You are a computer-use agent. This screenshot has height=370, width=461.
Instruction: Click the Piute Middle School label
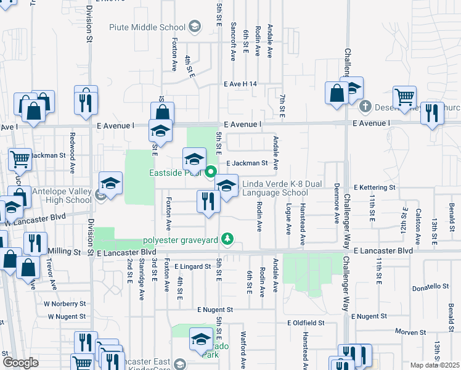pos(147,27)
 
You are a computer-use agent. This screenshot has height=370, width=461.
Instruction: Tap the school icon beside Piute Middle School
pos(195,26)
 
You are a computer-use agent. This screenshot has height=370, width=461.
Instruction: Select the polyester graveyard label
pos(182,239)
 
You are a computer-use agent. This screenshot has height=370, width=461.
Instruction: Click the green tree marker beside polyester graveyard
pos(228,239)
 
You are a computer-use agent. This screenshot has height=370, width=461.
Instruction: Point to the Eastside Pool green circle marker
pos(210,172)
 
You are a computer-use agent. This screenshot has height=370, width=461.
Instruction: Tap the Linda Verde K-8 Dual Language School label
pos(274,188)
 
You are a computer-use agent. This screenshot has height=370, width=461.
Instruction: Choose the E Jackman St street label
pos(247,163)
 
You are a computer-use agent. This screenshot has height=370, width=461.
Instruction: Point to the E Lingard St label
pos(193,266)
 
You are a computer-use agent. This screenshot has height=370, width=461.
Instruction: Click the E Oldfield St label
pos(306,323)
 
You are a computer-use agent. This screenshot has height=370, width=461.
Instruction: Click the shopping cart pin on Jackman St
pos(20,160)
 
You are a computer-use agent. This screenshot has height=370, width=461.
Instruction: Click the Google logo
pos(20,363)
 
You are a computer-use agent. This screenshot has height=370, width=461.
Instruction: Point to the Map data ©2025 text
pos(434,365)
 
